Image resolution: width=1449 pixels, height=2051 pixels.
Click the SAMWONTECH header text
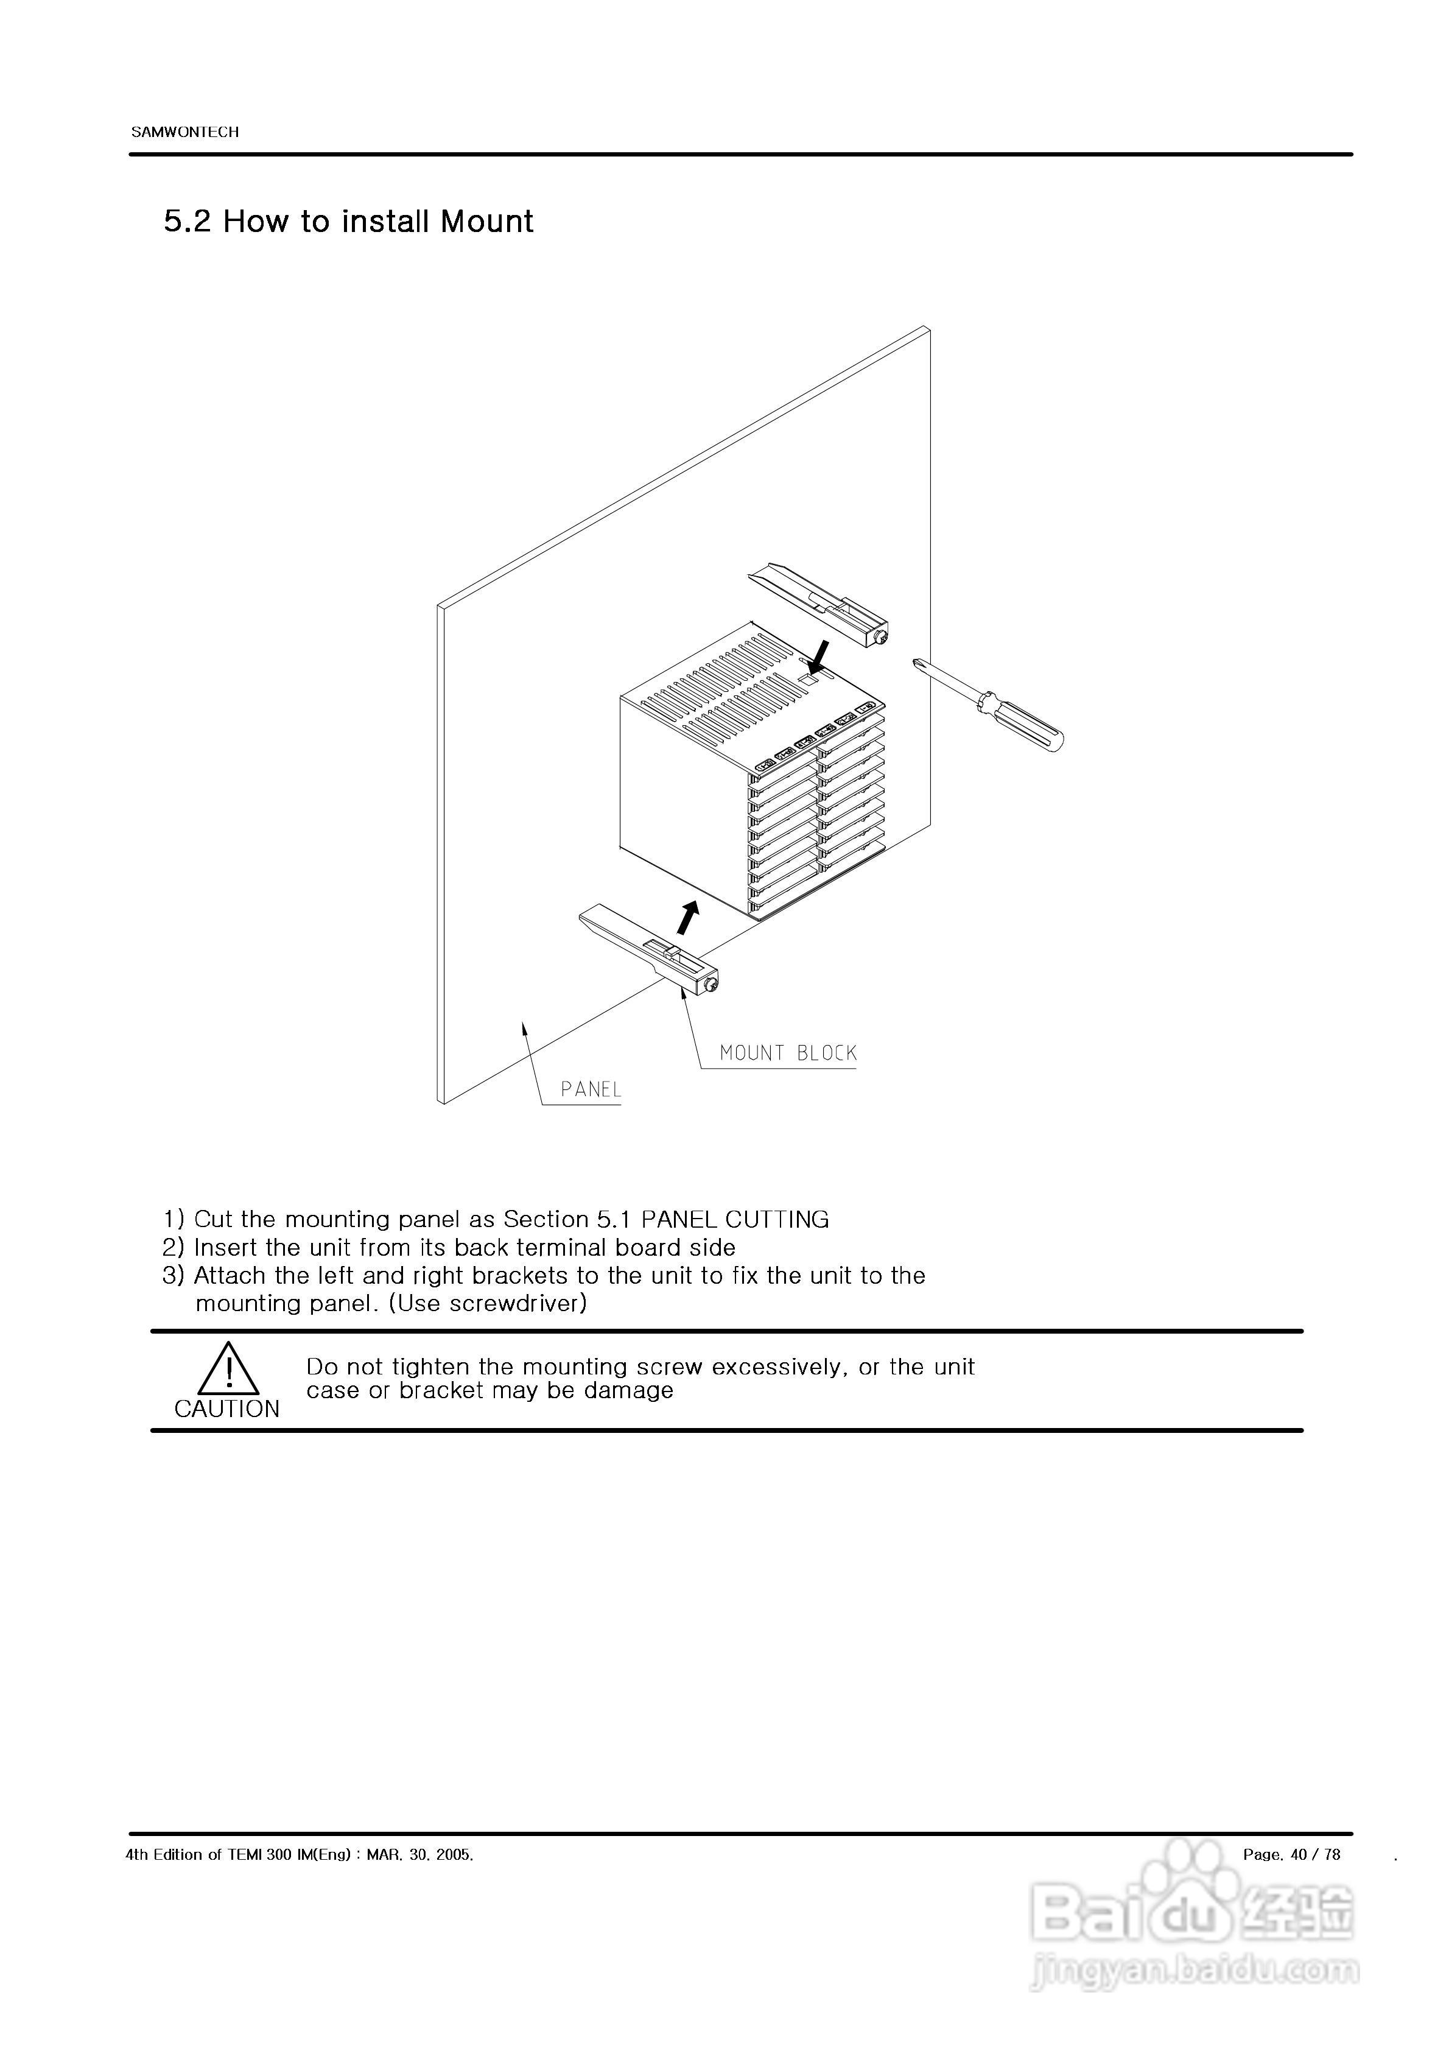[185, 132]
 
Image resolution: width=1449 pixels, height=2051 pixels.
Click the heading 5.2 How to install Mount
[348, 222]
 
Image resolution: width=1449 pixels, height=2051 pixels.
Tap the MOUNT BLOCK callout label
[788, 1053]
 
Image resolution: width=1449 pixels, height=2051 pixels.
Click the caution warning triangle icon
[229, 1370]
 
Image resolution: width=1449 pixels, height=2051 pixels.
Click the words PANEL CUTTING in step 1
[735, 1219]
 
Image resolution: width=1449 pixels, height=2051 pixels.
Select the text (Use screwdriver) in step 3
[488, 1303]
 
